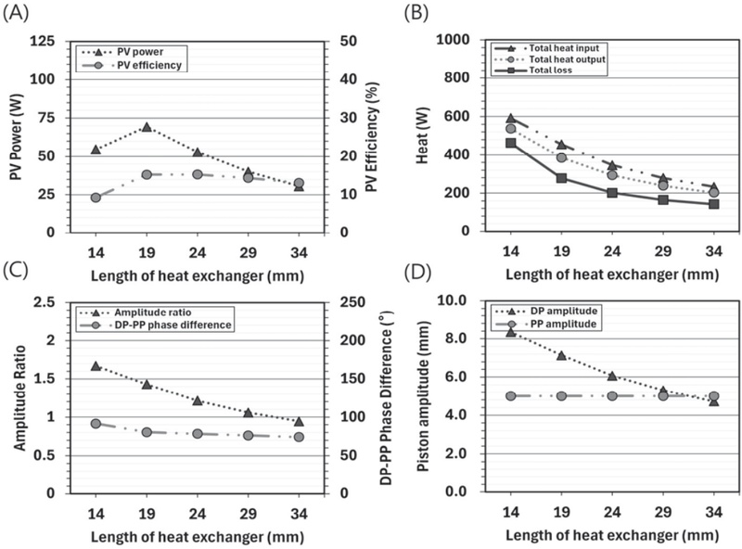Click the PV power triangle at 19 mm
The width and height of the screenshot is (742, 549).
[x=147, y=127]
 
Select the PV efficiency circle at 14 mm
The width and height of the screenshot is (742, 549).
[x=96, y=198]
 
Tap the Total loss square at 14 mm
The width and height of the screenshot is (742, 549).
[x=511, y=143]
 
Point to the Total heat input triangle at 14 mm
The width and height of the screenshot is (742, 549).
[x=511, y=119]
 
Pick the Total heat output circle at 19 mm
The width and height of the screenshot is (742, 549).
[x=561, y=157]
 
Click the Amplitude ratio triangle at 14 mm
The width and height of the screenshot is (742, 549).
[x=96, y=365]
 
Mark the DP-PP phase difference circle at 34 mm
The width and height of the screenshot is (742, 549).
[x=299, y=437]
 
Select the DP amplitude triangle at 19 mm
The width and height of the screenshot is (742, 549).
[x=561, y=355]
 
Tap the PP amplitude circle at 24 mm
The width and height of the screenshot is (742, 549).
[x=612, y=396]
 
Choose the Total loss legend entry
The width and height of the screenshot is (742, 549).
[x=534, y=70]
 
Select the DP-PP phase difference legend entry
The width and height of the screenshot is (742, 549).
[x=156, y=325]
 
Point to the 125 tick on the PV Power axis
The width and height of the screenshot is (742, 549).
[x=49, y=41]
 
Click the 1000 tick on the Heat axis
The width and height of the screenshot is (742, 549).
[x=452, y=39]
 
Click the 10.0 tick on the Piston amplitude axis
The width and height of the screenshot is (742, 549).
[x=453, y=300]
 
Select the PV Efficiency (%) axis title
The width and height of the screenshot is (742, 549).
[x=373, y=136]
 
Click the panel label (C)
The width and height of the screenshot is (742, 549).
[x=15, y=271]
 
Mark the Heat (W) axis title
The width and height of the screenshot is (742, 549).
[x=423, y=135]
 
